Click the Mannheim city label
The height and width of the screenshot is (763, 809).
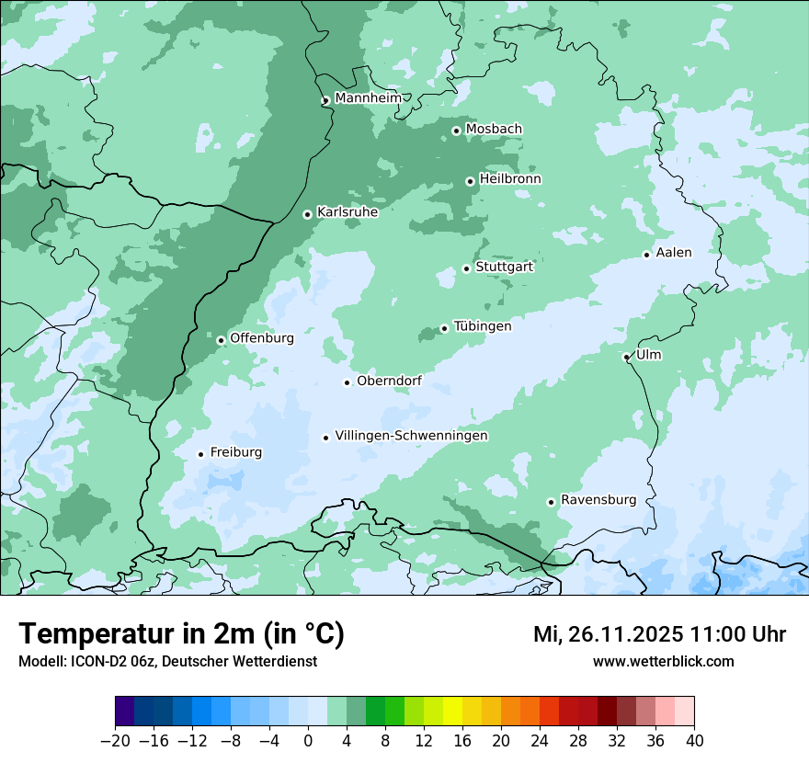(x=368, y=98)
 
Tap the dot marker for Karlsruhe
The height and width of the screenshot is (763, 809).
(x=308, y=214)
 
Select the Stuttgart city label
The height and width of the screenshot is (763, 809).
(x=504, y=267)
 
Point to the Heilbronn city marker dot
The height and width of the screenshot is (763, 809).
(x=470, y=181)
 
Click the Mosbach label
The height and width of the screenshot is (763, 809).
(x=494, y=129)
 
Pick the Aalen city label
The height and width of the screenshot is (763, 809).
(x=674, y=253)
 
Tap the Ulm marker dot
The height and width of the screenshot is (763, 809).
(x=626, y=357)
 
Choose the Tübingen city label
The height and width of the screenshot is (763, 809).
(x=483, y=326)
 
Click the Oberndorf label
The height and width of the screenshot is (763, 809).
(x=389, y=381)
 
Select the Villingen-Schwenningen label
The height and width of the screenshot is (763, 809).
(x=411, y=436)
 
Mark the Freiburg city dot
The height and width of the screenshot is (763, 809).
(x=200, y=454)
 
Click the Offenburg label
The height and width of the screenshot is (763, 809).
(x=262, y=338)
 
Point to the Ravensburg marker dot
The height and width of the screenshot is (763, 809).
(x=551, y=502)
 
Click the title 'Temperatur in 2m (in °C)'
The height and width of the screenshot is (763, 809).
(x=181, y=634)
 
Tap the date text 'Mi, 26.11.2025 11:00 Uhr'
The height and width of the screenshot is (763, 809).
(x=659, y=634)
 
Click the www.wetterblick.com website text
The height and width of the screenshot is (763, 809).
(x=663, y=661)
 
